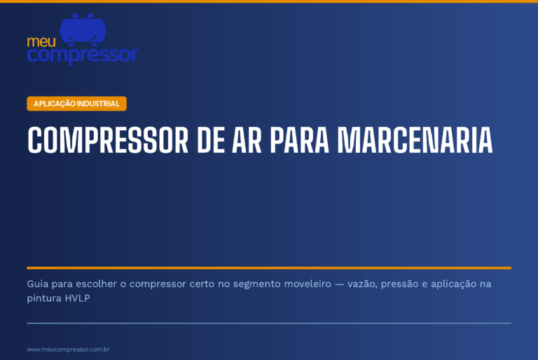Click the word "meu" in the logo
coord(41,42)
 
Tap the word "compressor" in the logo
coord(83,55)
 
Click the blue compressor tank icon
coord(83,29)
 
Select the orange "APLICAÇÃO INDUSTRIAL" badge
coord(76,104)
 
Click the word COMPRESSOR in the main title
coord(108,140)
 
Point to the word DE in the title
coord(211,140)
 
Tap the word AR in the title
coord(247,140)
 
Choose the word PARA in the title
coord(300,140)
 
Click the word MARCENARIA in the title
coord(415,140)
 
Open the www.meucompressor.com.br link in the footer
coord(68,349)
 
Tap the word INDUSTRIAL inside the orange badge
coord(98,104)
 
